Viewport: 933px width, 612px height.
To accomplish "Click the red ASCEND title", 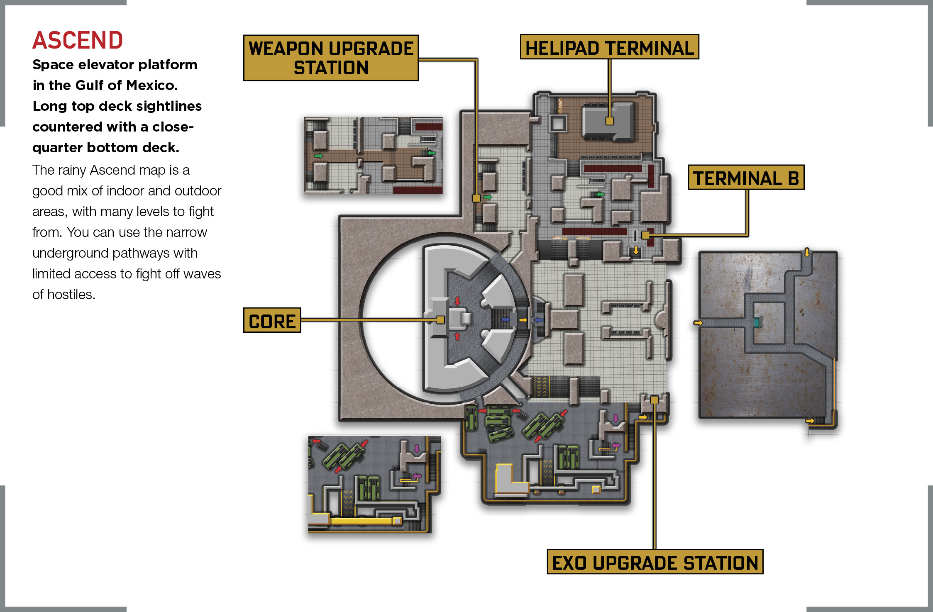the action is (x=78, y=40).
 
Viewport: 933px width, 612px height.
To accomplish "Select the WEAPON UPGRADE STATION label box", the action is (x=331, y=58).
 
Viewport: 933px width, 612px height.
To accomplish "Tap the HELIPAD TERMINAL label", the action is (x=609, y=47).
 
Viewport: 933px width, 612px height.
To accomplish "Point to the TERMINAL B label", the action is (x=746, y=178).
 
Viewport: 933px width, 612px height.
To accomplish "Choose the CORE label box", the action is (x=272, y=320).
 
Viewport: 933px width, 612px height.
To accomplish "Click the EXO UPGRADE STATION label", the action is (x=655, y=562).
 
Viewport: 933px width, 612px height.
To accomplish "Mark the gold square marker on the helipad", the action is (x=609, y=121).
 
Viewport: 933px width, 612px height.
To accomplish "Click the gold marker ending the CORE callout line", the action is (x=440, y=319).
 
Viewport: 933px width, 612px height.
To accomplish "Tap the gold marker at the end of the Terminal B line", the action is (x=645, y=235).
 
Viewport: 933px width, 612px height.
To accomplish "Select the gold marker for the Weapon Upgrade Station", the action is (x=476, y=198).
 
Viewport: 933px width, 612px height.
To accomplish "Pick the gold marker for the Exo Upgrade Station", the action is (x=655, y=400).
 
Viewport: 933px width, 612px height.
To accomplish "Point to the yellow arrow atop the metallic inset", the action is (x=807, y=252).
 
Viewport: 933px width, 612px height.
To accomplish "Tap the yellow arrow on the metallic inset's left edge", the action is (x=698, y=323).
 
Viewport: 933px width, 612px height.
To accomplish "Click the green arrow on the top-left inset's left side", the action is (x=318, y=156).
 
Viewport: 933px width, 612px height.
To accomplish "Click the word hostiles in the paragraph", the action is (x=71, y=294).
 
